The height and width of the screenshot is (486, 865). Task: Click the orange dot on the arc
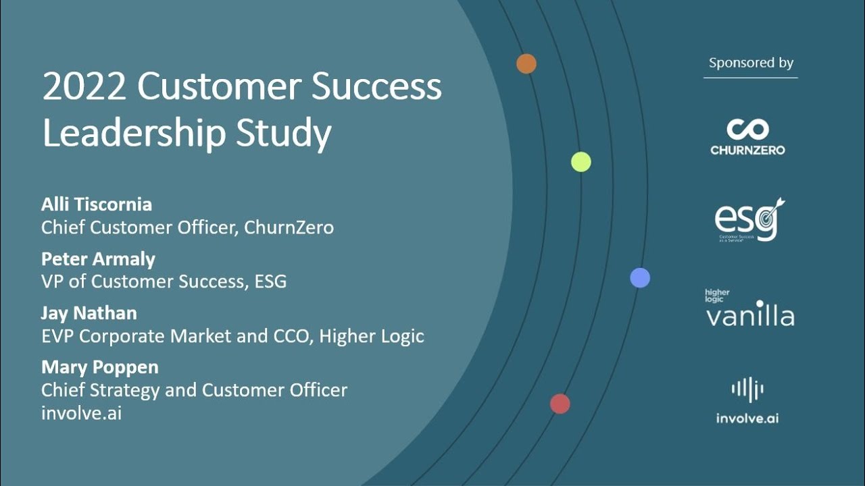coord(526,64)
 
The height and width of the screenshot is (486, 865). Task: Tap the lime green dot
coord(581,162)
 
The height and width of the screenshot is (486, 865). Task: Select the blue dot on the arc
coord(640,277)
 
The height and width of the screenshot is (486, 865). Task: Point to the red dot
coord(560,404)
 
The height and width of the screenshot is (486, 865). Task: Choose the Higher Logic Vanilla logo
coord(749,308)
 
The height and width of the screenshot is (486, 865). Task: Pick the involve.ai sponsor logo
coord(747,401)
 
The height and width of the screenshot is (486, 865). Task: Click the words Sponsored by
coord(751,63)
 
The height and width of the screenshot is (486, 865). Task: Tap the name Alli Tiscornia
coord(97,204)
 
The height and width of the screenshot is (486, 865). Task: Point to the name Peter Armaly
coord(98,259)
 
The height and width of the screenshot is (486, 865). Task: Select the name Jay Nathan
coord(89,313)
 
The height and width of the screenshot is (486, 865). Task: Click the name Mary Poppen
coord(100,367)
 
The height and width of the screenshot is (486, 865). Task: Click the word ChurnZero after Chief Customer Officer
coord(289,227)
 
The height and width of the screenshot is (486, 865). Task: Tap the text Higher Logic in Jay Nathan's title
coord(372,336)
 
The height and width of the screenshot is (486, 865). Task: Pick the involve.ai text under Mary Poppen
coord(82,413)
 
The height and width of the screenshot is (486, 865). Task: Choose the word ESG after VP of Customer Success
coord(270,281)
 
